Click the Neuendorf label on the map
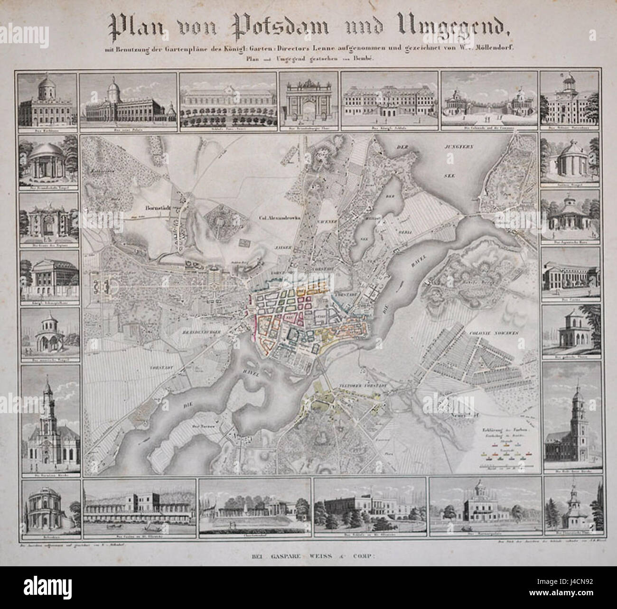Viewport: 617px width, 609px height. click(x=457, y=414)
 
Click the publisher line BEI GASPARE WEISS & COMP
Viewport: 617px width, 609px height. click(x=308, y=553)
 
